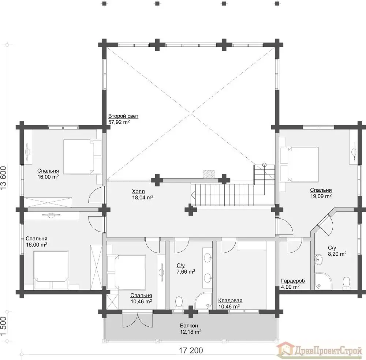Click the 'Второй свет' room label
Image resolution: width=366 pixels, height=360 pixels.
tap(123, 116)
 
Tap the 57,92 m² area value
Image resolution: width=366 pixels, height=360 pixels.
tap(119, 122)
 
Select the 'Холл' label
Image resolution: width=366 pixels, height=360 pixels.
tap(138, 192)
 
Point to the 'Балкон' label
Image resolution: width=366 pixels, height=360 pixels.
tap(189, 326)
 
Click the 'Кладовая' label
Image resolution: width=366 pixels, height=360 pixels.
tap(230, 300)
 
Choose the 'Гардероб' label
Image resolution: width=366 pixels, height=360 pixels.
tap(293, 281)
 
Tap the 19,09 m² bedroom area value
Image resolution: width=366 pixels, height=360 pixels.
tap(321, 196)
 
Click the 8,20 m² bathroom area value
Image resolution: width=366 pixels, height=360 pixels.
tap(337, 254)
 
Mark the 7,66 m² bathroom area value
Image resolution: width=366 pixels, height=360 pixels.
tap(186, 271)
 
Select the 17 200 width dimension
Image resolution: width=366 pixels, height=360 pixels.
tap(191, 350)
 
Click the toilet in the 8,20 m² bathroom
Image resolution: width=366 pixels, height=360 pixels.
tap(346, 283)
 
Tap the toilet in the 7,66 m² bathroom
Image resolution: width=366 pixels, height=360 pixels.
tap(179, 303)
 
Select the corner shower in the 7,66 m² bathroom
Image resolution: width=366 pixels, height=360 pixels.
tap(203, 301)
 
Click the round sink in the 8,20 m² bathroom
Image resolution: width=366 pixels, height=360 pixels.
tap(318, 260)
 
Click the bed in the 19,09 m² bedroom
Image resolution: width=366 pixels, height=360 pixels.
tap(299, 164)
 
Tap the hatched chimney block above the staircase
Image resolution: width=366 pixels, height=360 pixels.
tap(209, 174)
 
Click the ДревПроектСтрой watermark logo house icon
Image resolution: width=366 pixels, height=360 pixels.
tap(285, 350)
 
